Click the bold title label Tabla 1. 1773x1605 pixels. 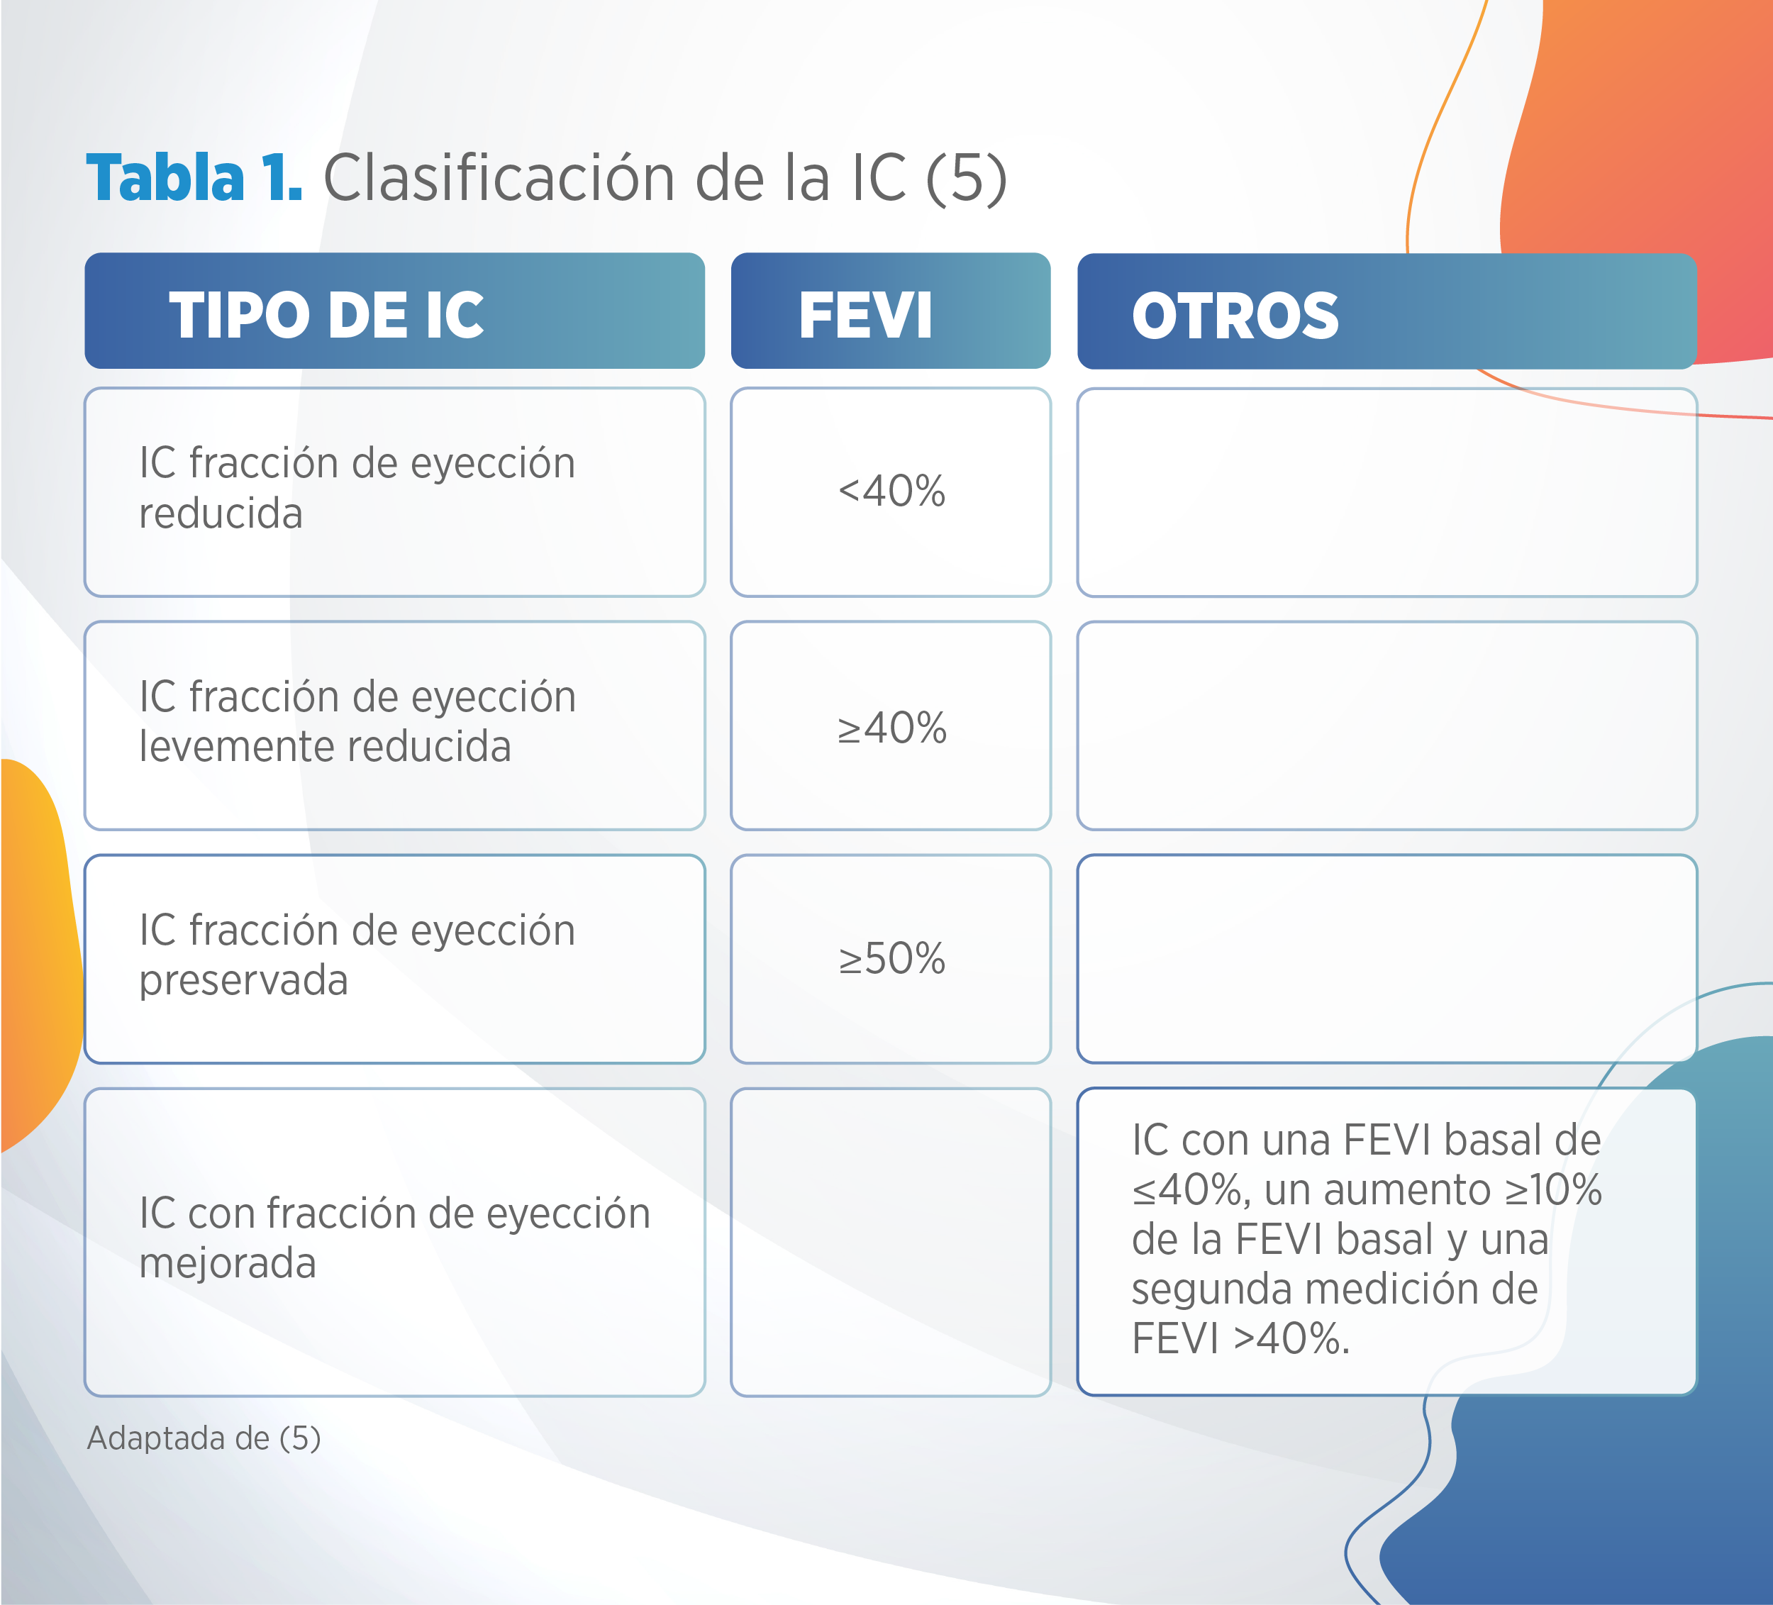tap(194, 177)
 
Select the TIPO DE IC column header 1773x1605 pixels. tap(395, 311)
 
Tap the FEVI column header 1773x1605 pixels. tap(891, 311)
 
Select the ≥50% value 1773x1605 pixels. tap(891, 959)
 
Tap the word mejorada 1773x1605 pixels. tap(227, 1264)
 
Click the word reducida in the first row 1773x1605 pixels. tap(221, 513)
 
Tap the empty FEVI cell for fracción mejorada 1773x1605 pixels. tap(891, 1241)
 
